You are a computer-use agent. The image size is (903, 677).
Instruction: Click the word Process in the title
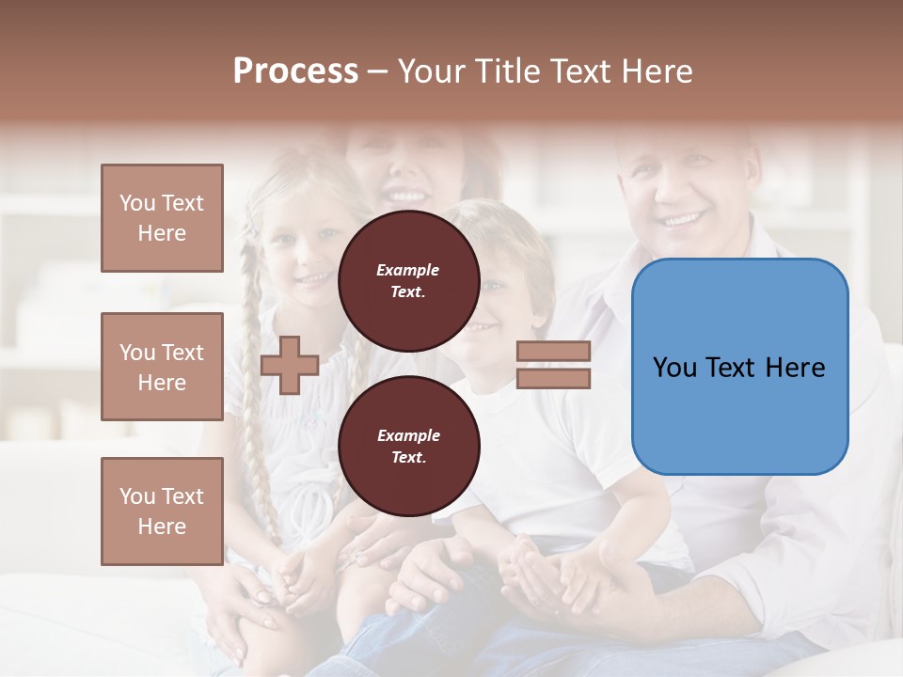point(295,71)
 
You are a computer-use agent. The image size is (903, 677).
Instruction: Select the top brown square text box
point(162,218)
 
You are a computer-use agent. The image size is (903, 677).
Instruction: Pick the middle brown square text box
point(162,367)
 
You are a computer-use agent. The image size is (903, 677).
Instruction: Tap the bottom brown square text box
point(162,512)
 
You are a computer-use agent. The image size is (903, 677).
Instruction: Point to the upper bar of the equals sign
point(553,352)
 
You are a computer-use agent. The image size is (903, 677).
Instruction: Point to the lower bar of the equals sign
point(553,379)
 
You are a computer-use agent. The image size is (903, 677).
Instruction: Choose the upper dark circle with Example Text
point(408,280)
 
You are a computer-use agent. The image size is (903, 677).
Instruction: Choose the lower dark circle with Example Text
point(408,446)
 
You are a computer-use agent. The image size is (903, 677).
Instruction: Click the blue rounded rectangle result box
point(739,367)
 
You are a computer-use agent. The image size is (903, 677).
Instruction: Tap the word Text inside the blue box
point(737,368)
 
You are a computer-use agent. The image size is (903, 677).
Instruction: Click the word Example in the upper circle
point(408,270)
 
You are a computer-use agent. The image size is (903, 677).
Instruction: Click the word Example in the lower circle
point(408,435)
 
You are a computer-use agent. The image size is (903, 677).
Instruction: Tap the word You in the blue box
point(675,368)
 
